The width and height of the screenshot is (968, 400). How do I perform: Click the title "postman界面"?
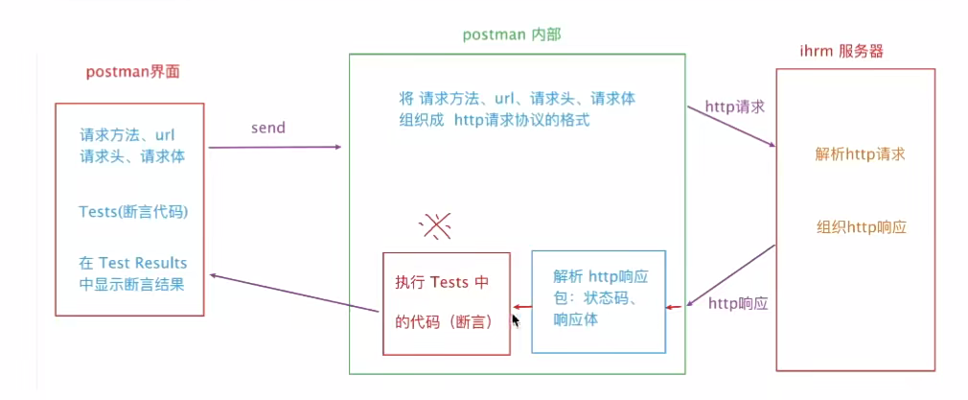(132, 72)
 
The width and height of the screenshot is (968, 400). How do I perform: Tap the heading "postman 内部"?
(511, 34)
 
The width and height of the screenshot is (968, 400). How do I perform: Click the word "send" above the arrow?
(268, 127)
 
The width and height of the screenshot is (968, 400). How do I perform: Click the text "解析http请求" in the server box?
(861, 153)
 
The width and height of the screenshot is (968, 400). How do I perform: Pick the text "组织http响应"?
(862, 228)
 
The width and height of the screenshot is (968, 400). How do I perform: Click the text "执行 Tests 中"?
(442, 282)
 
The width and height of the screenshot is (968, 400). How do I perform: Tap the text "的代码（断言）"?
(444, 323)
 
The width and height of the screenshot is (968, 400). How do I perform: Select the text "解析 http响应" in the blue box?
(601, 276)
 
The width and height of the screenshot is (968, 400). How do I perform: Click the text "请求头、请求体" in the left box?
(132, 156)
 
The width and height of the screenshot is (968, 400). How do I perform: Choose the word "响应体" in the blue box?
(576, 319)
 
